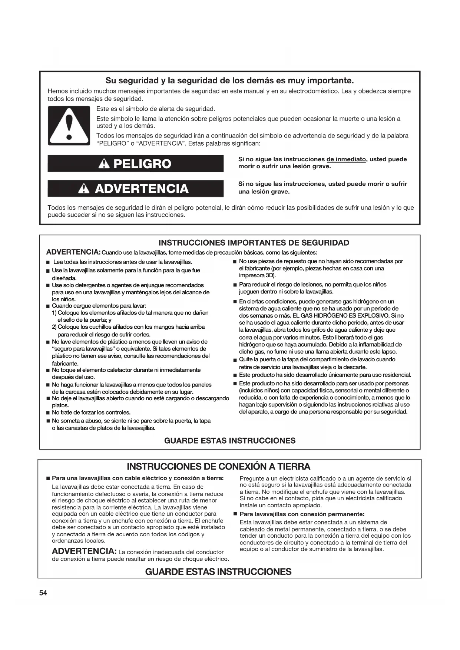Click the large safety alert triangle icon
click(69, 126)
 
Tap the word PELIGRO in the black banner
click(142, 164)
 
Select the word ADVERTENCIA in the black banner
click(142, 189)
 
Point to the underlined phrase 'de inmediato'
click(346, 159)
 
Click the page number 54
click(43, 593)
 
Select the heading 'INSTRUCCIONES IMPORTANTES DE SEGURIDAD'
click(254, 243)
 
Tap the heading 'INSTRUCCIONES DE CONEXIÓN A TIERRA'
click(218, 466)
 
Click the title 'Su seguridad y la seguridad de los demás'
click(229, 80)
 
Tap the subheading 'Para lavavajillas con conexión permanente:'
click(302, 514)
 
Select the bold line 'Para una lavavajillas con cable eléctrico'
click(138, 478)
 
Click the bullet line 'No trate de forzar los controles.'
click(91, 412)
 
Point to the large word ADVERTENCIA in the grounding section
click(85, 551)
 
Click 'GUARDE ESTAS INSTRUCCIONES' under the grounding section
click(218, 571)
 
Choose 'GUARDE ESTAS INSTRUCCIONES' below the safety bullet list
click(230, 441)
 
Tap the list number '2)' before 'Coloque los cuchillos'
click(54, 327)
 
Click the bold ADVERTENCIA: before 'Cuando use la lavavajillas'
click(73, 252)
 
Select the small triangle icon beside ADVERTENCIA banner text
click(85, 189)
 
